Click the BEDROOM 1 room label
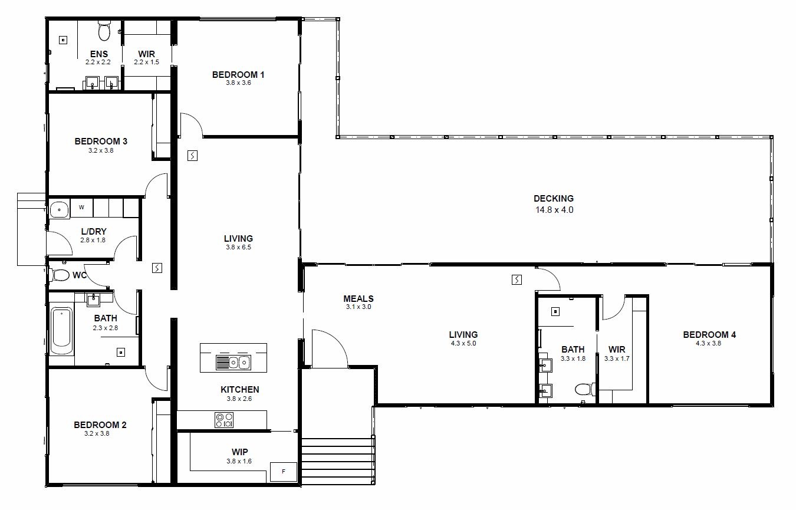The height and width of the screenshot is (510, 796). [x=238, y=75]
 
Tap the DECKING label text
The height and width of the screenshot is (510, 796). [x=554, y=198]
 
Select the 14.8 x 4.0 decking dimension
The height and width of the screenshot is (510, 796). [x=554, y=210]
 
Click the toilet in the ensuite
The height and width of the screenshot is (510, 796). [x=104, y=31]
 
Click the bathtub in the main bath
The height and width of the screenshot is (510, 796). [x=61, y=331]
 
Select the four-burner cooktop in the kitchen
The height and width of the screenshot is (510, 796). [x=224, y=420]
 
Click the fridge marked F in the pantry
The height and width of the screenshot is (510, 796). [x=284, y=472]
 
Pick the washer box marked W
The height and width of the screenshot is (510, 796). [x=82, y=208]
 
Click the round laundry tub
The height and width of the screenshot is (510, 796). [x=59, y=210]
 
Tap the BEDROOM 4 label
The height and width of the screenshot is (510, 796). [x=709, y=334]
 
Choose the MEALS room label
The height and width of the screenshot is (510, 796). [x=358, y=298]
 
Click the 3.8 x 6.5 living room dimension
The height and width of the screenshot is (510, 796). [x=238, y=247]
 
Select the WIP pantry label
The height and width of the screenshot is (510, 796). [x=240, y=452]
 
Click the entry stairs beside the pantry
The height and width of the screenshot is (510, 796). [x=338, y=461]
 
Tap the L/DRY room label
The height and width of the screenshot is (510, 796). [x=94, y=231]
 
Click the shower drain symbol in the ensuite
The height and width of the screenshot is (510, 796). [x=63, y=40]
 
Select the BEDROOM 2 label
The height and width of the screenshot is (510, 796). [x=100, y=425]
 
